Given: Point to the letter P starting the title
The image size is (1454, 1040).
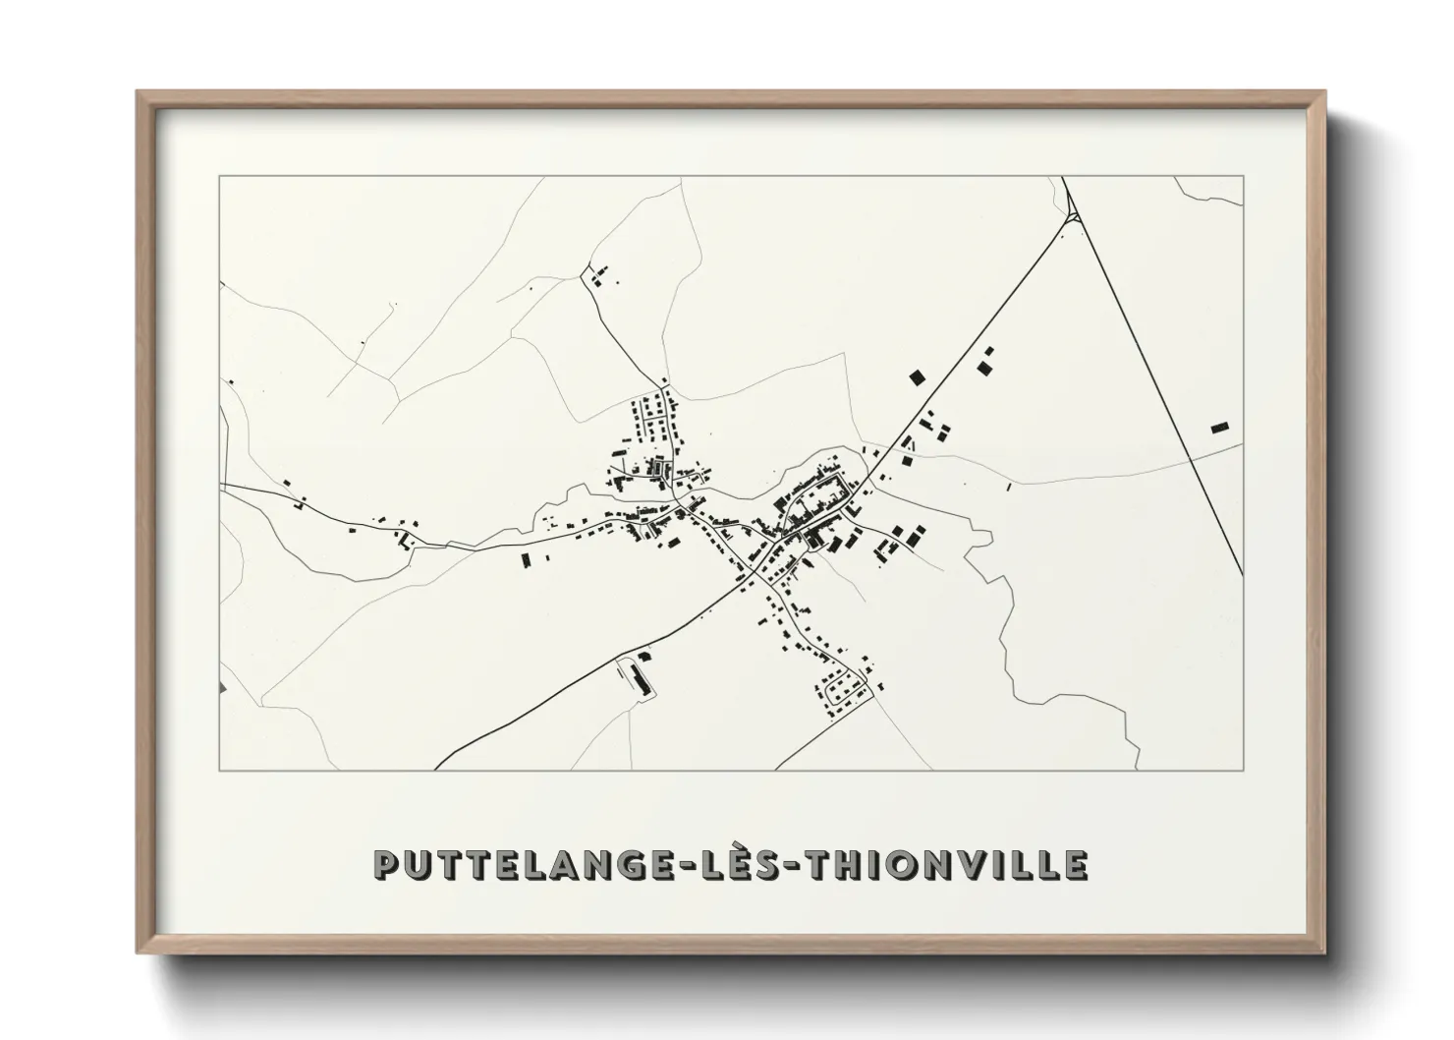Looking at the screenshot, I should click(386, 866).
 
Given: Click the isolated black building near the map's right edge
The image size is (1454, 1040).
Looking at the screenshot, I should click(1219, 428).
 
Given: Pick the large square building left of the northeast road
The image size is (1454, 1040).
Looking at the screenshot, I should click(918, 376).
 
